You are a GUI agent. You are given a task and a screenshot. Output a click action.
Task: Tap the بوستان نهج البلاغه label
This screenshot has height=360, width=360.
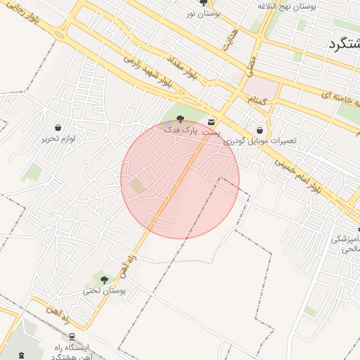pos(286,6)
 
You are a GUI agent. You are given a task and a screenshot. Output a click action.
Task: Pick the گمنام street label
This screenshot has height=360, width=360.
pos(257,101)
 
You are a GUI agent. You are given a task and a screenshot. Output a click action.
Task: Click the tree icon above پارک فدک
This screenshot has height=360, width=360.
pos(181,120)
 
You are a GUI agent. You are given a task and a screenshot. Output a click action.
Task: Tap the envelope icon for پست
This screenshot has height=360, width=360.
pos(212,122)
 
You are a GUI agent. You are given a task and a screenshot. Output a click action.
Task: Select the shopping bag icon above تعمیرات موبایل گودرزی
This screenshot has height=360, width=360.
pos(260,130)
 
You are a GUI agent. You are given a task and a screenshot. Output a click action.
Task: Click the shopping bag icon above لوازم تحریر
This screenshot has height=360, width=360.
pos(58,128)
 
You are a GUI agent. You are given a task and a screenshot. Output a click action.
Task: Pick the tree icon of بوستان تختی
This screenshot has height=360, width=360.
pos(104,280)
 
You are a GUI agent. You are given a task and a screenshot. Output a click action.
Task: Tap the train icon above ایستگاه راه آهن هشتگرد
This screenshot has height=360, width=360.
pos(73,337)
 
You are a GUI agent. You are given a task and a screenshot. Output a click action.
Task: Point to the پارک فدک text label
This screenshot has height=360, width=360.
pos(181,130)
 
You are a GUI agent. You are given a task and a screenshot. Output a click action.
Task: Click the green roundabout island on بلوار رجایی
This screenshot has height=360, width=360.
pos(59,34)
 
